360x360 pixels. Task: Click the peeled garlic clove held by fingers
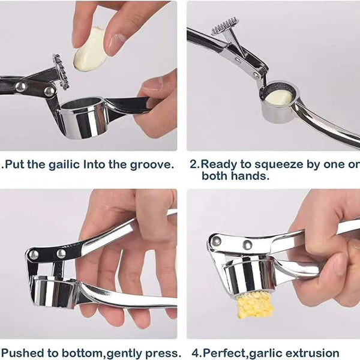[90, 50]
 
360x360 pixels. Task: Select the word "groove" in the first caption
[152, 164]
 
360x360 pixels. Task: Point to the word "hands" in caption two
[247, 176]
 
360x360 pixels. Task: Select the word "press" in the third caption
[163, 353]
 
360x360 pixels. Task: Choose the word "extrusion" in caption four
[311, 353]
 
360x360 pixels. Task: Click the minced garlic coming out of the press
[254, 304]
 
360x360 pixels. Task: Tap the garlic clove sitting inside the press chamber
[279, 97]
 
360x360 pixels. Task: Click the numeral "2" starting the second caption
[193, 164]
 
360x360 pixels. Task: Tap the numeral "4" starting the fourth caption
[194, 353]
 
